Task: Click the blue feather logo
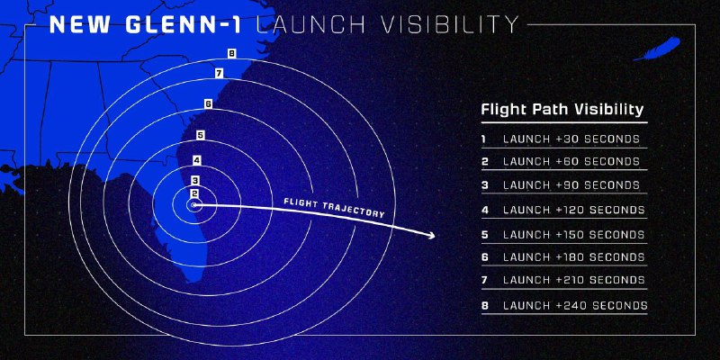tap(657, 49)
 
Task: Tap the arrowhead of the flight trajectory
tap(431, 236)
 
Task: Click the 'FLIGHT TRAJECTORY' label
tap(334, 208)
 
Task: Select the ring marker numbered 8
tap(232, 54)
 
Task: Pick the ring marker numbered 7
tap(219, 74)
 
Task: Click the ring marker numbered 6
tap(208, 104)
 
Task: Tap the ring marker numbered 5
tap(200, 136)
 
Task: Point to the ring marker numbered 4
tap(196, 160)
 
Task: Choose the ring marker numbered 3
tap(195, 181)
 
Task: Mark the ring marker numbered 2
tap(194, 193)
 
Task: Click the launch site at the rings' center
tap(193, 205)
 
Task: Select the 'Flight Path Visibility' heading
tap(562, 110)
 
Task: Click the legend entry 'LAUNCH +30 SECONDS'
tap(571, 139)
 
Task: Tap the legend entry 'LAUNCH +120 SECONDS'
tap(574, 210)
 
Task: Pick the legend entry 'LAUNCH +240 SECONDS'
tap(575, 305)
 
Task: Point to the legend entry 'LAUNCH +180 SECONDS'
tap(574, 257)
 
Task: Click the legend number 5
tap(484, 235)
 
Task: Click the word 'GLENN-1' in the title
tap(183, 25)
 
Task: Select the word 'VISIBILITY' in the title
tap(449, 25)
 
